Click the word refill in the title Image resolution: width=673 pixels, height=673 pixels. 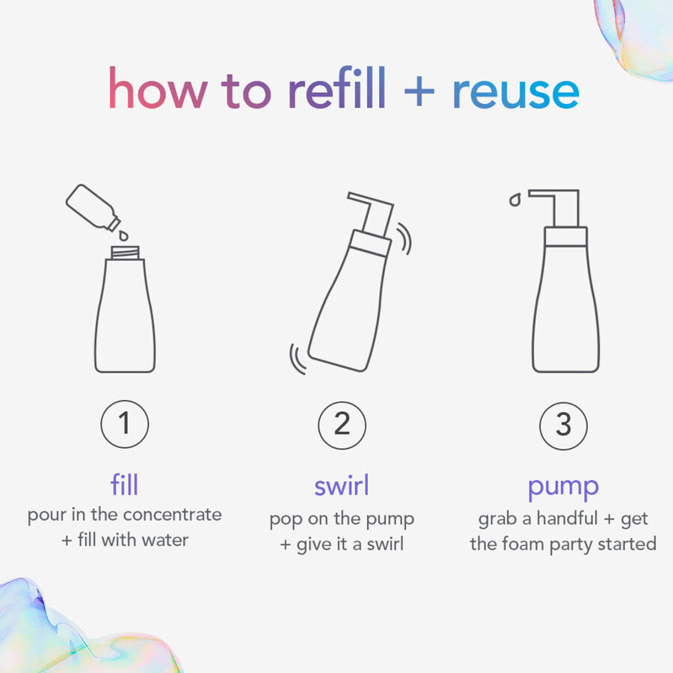coord(336,90)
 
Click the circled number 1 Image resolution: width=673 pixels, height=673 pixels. coord(124,425)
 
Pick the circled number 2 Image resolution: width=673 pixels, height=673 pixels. coord(342,425)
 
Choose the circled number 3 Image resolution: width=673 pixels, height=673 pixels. coord(563,425)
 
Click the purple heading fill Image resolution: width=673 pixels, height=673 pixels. coord(124,485)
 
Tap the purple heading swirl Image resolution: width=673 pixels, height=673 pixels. coord(342,485)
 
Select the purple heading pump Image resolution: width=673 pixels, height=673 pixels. coord(563,487)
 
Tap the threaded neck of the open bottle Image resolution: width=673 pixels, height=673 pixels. coord(124,253)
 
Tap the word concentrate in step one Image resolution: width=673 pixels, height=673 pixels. coord(172,515)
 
